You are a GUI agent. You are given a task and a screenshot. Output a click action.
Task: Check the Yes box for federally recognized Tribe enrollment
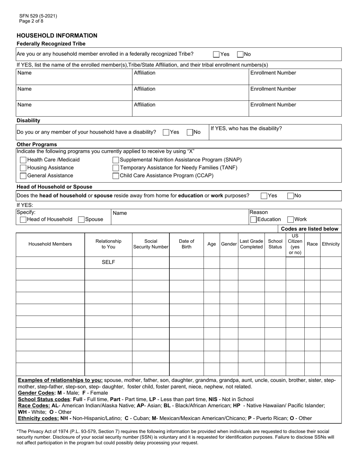click(216, 54)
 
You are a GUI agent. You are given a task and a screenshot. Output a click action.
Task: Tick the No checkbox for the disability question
click(190, 132)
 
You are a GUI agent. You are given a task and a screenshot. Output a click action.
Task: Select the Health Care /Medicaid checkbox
click(23, 160)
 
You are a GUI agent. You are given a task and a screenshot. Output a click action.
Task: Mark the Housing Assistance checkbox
click(23, 168)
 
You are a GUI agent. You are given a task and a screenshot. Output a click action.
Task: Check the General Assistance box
click(23, 176)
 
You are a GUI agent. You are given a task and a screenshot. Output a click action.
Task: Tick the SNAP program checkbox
click(116, 160)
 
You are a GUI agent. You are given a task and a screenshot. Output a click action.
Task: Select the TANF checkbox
click(116, 168)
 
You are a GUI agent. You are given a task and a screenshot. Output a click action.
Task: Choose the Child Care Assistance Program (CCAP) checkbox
click(116, 176)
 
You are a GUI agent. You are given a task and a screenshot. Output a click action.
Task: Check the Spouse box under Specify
click(81, 219)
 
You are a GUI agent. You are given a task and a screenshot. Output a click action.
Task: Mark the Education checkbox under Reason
click(253, 219)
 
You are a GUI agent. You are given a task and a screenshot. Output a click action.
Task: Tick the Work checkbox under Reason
click(291, 219)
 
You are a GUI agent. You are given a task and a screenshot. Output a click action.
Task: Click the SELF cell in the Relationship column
click(108, 262)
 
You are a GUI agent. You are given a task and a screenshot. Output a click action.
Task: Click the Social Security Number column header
click(150, 244)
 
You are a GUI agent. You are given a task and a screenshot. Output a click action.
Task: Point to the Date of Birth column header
click(186, 244)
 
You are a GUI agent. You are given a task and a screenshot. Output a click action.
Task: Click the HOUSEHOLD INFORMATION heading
click(57, 36)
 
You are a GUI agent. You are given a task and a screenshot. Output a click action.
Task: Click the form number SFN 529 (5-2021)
click(38, 16)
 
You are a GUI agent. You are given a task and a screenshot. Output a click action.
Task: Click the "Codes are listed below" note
click(310, 229)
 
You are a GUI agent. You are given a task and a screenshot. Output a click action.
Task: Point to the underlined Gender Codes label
click(37, 393)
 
